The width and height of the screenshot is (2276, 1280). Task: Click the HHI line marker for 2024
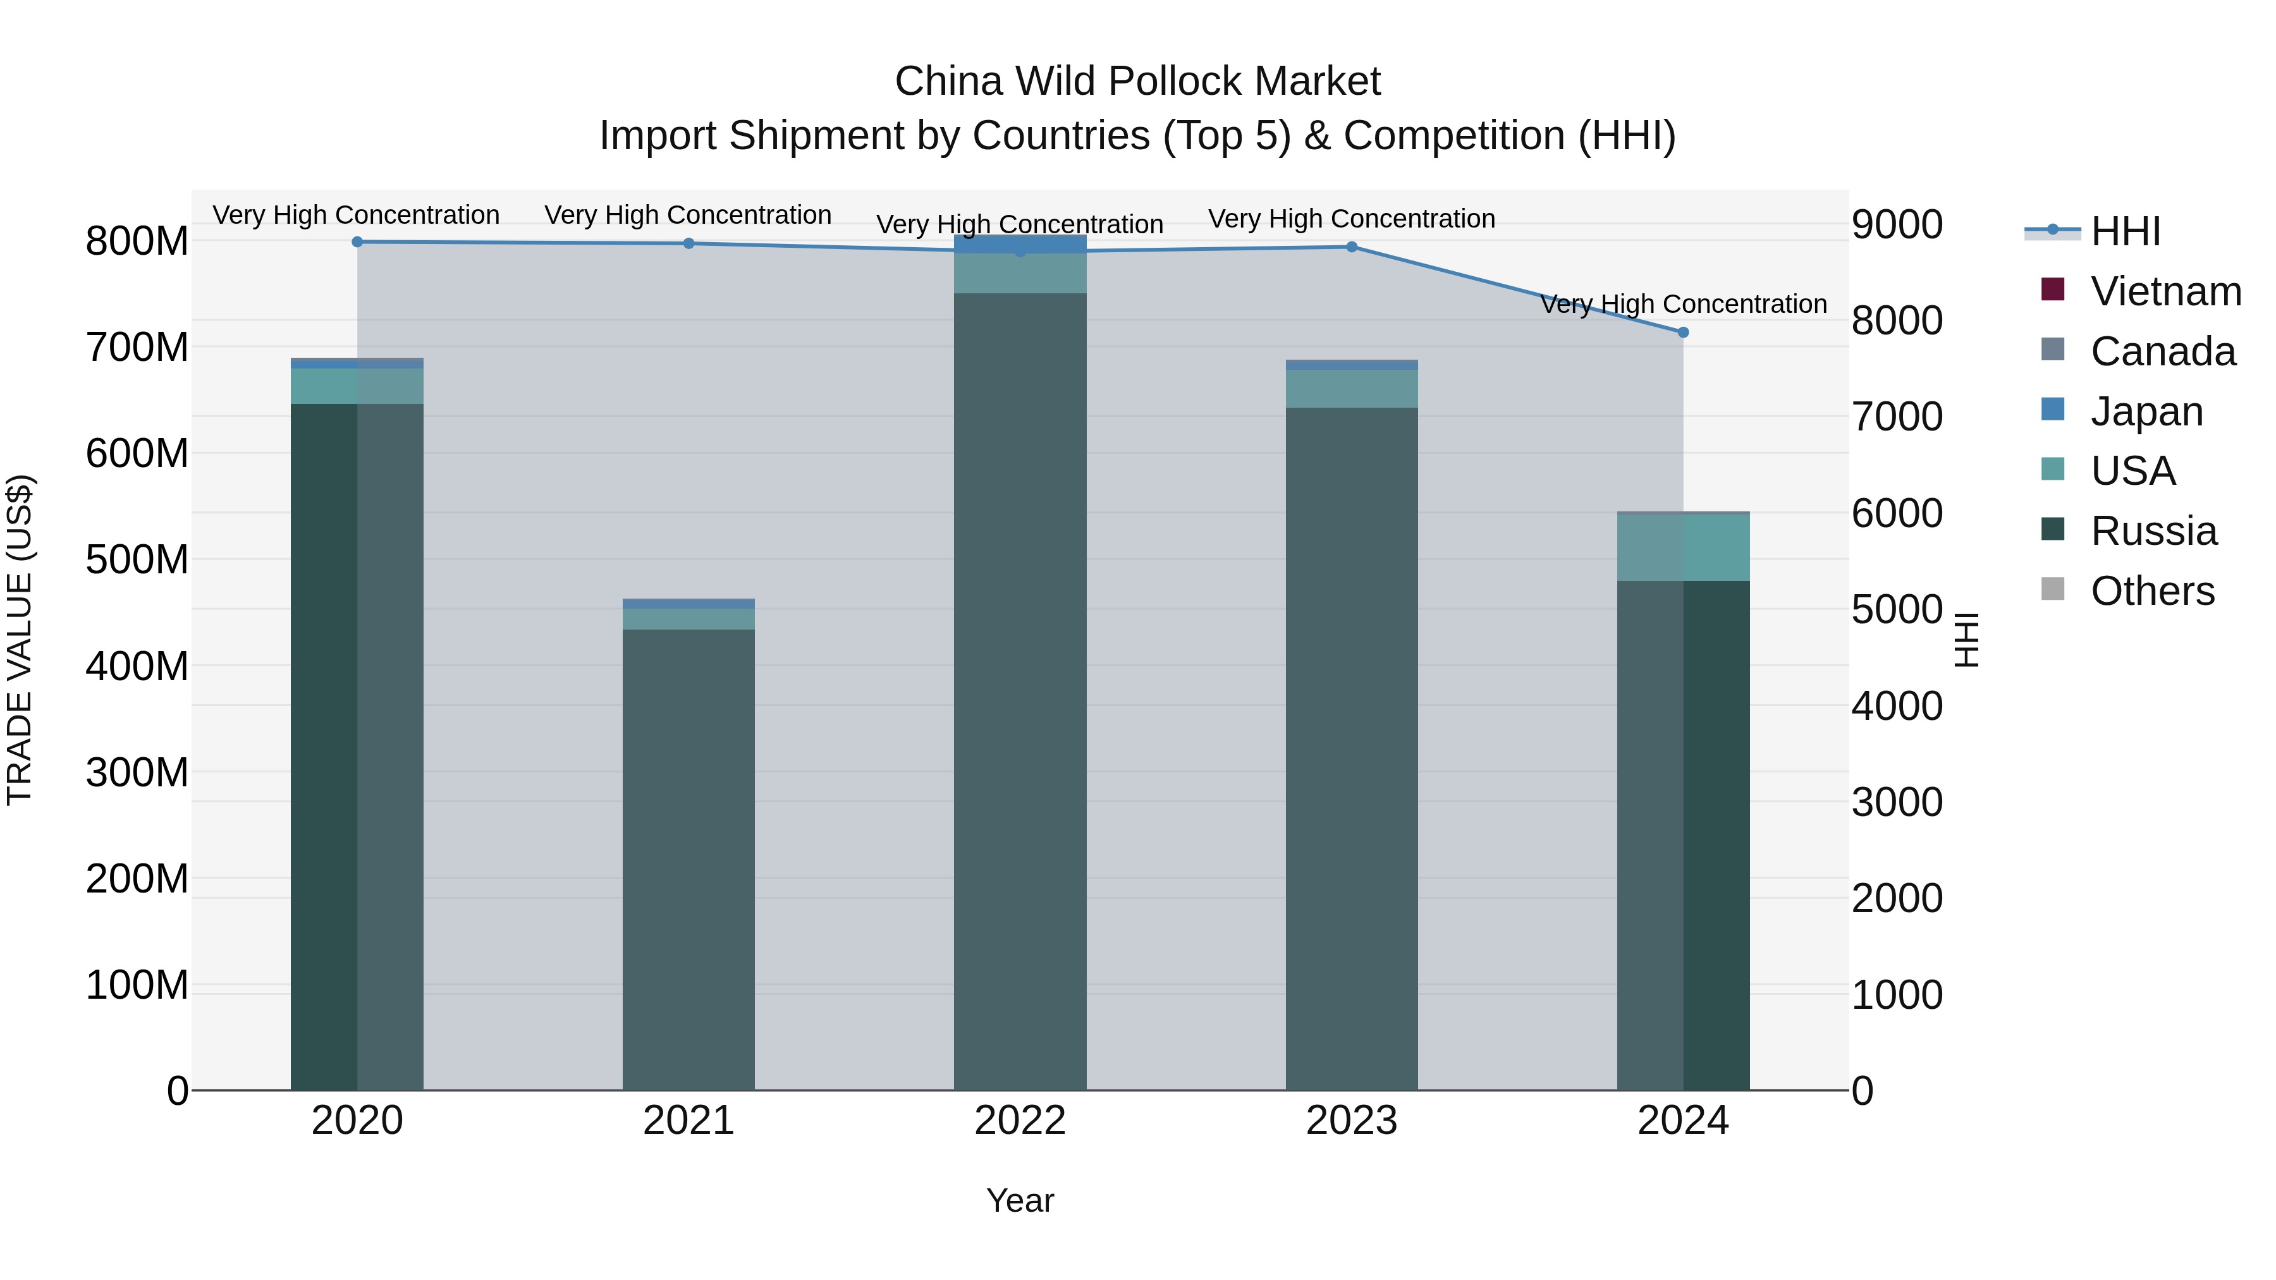click(x=1682, y=332)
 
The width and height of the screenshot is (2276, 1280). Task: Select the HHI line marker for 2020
click(x=357, y=242)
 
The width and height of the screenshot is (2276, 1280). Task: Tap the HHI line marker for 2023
click(x=1351, y=247)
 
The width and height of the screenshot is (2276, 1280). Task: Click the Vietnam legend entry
click(x=2165, y=291)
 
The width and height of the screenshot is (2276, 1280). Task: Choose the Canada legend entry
click(x=2162, y=351)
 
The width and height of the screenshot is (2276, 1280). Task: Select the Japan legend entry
click(x=2146, y=411)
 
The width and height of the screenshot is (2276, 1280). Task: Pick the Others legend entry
click(x=2151, y=591)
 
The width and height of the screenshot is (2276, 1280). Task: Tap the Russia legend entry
click(x=2153, y=532)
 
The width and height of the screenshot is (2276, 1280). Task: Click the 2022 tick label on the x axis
click(x=1020, y=1121)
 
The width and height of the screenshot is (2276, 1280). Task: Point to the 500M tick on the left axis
click(x=137, y=560)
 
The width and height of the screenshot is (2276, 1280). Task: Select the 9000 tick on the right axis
click(x=1897, y=224)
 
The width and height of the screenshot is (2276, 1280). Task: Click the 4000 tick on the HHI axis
click(x=1897, y=706)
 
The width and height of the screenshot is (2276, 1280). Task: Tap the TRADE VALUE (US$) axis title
click(x=20, y=640)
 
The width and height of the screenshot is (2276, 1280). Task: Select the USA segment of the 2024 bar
click(x=1682, y=547)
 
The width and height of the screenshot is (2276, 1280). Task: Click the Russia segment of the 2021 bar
click(x=688, y=857)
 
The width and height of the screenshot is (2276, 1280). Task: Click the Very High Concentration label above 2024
click(x=1683, y=304)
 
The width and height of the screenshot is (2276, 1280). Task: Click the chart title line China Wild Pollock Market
click(x=1137, y=82)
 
